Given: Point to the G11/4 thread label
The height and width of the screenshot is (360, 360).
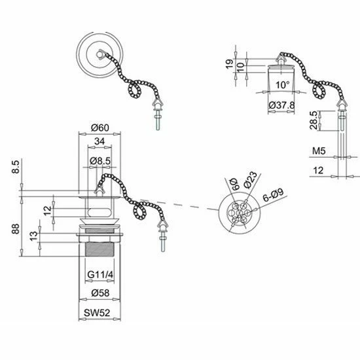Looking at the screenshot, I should [99, 274].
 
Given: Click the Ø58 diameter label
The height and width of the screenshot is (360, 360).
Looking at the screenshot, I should [99, 292].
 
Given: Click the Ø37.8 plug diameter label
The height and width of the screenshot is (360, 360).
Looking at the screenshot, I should [281, 104].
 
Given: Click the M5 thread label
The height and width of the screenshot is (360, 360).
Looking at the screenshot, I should [318, 151].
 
